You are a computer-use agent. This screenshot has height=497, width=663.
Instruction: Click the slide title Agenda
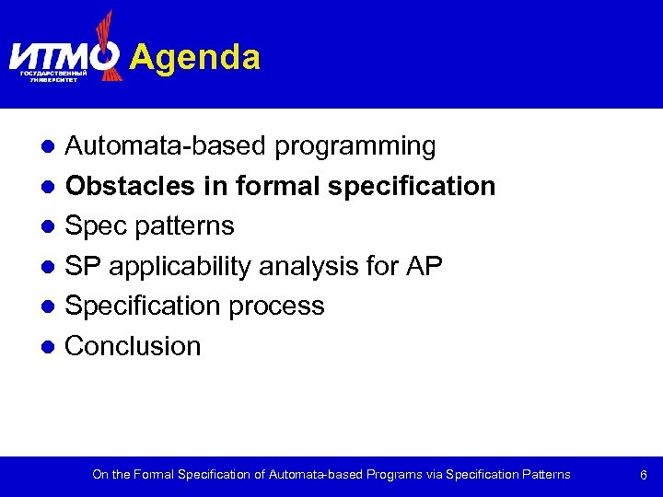click(195, 57)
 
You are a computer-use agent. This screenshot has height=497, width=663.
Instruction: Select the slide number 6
click(644, 475)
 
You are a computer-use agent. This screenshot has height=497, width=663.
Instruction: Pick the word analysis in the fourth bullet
click(303, 267)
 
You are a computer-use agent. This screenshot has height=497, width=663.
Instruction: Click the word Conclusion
click(133, 347)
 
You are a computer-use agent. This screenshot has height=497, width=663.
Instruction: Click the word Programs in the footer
click(395, 475)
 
